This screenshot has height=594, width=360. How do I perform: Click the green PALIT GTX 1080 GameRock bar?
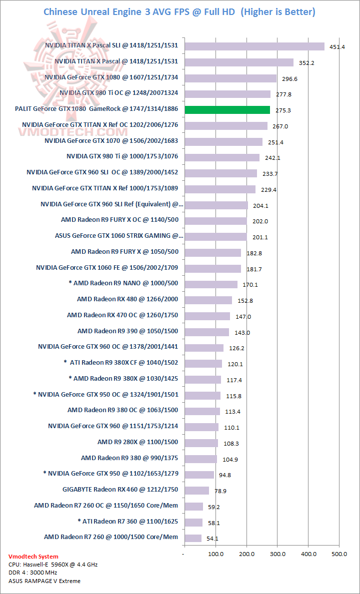click(227, 110)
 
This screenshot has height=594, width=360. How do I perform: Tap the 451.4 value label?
click(335, 47)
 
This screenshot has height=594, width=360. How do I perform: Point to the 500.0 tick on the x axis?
click(339, 553)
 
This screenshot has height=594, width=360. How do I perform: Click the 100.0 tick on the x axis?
click(215, 553)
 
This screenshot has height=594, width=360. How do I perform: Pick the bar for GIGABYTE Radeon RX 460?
click(196, 490)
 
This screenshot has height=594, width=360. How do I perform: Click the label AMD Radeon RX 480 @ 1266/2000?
click(127, 299)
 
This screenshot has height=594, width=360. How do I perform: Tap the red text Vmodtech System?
click(33, 556)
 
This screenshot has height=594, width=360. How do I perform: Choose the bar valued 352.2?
click(238, 62)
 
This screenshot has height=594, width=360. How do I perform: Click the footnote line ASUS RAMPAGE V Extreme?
click(44, 581)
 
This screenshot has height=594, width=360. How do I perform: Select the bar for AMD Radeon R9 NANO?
click(210, 284)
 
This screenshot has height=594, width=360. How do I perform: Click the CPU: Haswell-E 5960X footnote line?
click(52, 564)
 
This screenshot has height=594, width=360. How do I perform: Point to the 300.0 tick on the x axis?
click(277, 553)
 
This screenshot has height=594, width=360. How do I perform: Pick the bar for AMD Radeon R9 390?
click(206, 332)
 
